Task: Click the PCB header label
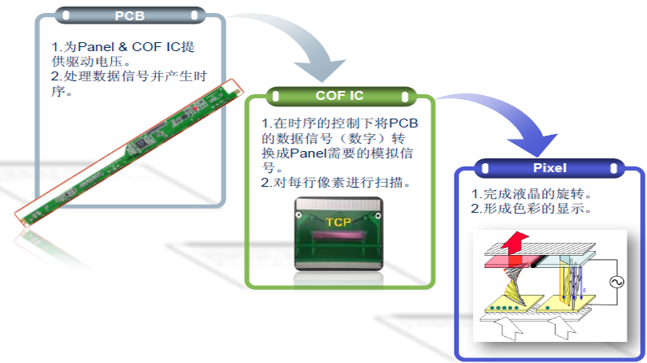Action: (130, 14)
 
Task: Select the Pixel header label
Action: (550, 169)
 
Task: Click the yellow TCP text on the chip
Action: (339, 223)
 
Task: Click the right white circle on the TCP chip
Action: (382, 217)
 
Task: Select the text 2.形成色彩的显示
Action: (536, 210)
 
